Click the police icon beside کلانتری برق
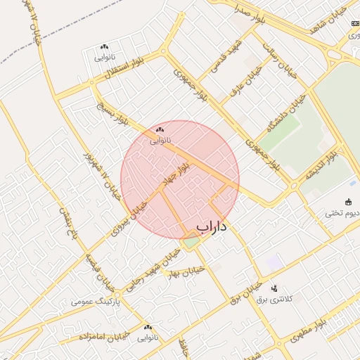274,288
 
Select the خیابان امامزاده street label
103,335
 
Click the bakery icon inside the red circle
160,129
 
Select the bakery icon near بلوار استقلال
104,46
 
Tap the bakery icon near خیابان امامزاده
148,327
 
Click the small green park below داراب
191,243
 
